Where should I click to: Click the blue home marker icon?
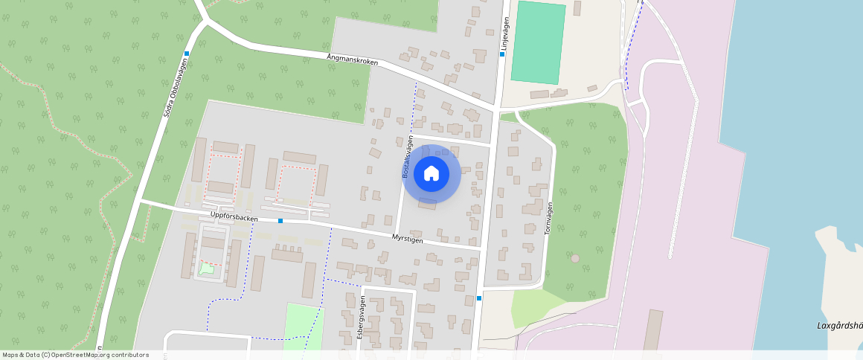pos(431,174)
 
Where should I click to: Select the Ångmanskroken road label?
pos(352,59)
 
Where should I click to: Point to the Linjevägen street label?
pos(505,34)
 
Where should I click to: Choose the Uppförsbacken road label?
pos(234,218)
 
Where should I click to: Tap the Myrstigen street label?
pos(407,238)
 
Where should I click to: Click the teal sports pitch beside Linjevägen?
pos(538,42)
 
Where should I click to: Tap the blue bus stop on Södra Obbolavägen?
pos(186,54)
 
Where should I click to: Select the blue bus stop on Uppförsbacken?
pos(280,221)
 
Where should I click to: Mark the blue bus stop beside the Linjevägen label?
pos(503,54)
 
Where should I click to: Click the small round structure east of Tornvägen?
pos(574,258)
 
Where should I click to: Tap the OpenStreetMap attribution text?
pos(76,355)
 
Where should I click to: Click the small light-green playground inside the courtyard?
pos(206,269)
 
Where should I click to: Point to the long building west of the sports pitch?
pos(539,94)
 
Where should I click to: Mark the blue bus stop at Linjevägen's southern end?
pos(479,298)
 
